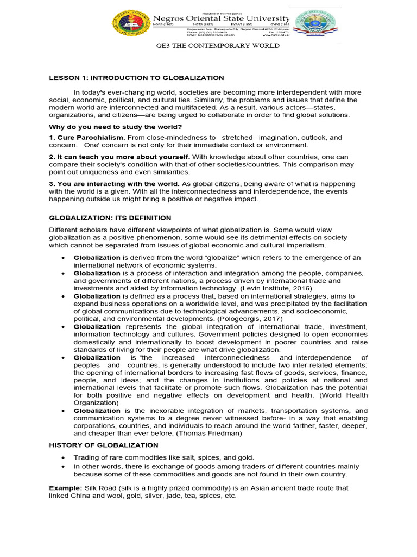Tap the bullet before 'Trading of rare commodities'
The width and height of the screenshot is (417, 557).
(x=65, y=458)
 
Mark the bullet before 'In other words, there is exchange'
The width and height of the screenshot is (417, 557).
(x=65, y=466)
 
